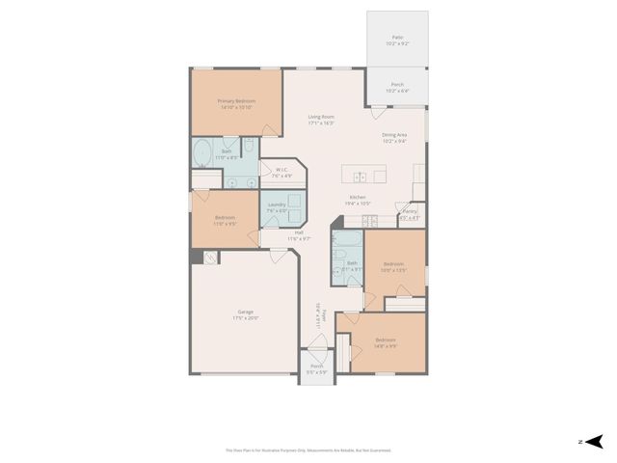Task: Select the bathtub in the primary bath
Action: click(203, 155)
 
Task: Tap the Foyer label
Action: click(323, 319)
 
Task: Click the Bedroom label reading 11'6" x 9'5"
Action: click(226, 222)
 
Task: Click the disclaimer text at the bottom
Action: click(308, 450)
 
